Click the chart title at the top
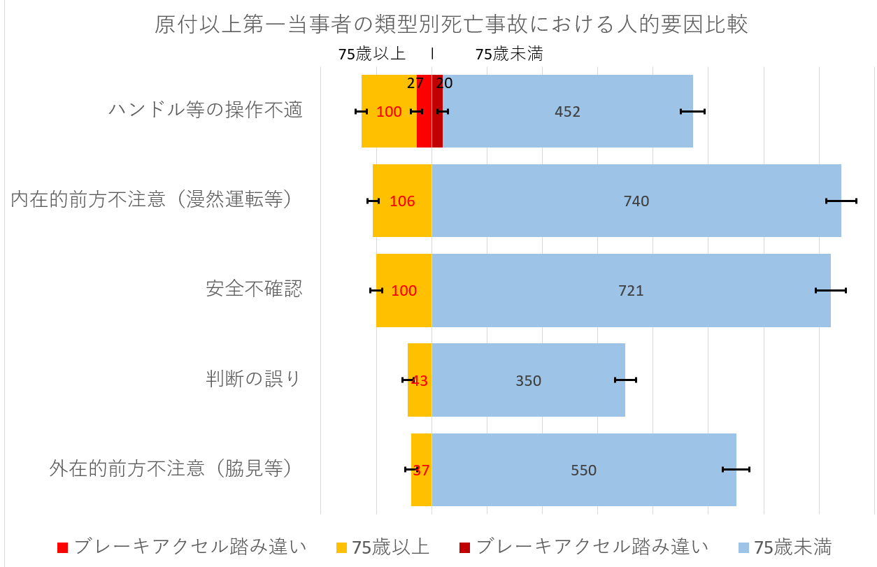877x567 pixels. [451, 25]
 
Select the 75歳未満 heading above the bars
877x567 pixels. [508, 55]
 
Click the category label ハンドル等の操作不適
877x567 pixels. [206, 110]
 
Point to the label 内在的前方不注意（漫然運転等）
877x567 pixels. [151, 200]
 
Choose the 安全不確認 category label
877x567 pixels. [254, 289]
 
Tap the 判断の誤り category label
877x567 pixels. [253, 379]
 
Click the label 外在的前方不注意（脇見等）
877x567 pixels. [170, 468]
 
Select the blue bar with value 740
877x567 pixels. [636, 201]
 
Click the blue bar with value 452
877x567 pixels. [567, 111]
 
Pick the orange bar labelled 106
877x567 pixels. [401, 201]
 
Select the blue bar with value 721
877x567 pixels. [631, 290]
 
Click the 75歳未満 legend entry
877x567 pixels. [784, 547]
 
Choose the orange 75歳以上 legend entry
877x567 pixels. [382, 547]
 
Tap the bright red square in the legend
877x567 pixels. [62, 547]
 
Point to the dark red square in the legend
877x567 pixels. [464, 547]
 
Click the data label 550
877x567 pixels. [584, 471]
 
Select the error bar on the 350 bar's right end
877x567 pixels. [625, 380]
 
